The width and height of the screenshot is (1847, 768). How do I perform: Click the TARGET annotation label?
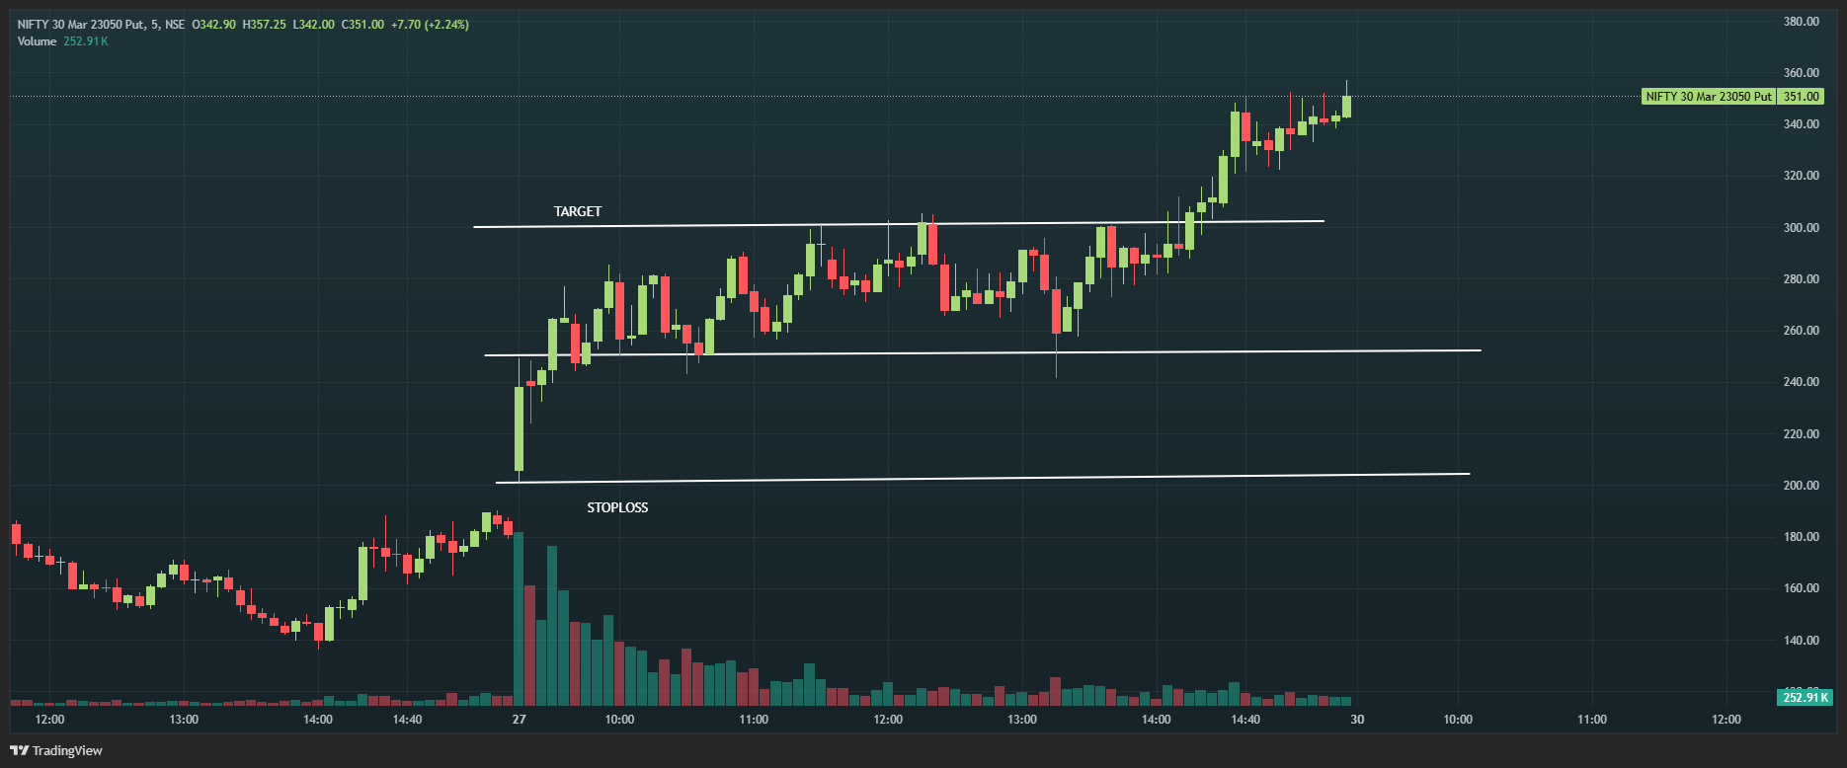pyautogui.click(x=577, y=211)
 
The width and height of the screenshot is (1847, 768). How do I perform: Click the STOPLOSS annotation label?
pyautogui.click(x=617, y=507)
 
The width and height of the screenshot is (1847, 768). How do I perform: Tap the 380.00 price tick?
pyautogui.click(x=1801, y=22)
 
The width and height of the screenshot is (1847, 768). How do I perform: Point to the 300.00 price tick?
pyautogui.click(x=1801, y=228)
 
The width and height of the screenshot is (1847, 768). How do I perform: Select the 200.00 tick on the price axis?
pyautogui.click(x=1801, y=486)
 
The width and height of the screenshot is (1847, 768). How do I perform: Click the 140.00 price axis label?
pyautogui.click(x=1801, y=641)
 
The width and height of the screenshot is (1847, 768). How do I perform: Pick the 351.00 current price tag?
pyautogui.click(x=1801, y=97)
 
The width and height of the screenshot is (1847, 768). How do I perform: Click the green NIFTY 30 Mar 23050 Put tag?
pyautogui.click(x=1708, y=97)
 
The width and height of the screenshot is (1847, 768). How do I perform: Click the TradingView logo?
pyautogui.click(x=57, y=750)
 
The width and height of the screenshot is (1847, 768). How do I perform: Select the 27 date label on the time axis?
pyautogui.click(x=520, y=720)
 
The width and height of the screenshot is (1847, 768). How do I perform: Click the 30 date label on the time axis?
pyautogui.click(x=1357, y=720)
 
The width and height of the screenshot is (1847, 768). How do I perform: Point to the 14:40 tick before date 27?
pyautogui.click(x=407, y=720)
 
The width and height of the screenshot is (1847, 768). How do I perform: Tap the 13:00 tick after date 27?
pyautogui.click(x=1022, y=720)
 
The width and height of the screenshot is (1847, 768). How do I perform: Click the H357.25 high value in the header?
pyautogui.click(x=264, y=25)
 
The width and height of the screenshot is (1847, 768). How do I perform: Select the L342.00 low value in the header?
pyautogui.click(x=313, y=25)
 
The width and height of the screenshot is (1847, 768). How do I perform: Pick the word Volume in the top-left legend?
pyautogui.click(x=37, y=41)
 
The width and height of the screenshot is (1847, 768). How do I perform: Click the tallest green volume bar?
pyautogui.click(x=519, y=619)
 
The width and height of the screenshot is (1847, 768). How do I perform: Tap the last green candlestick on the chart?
pyautogui.click(x=1346, y=106)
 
